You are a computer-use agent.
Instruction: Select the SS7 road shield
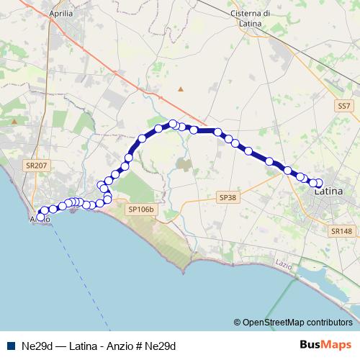click(345, 106)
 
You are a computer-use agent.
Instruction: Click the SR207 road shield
click(36, 166)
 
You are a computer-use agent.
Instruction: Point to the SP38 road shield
click(227, 197)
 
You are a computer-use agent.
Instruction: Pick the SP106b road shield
click(140, 210)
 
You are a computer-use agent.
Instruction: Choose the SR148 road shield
click(342, 231)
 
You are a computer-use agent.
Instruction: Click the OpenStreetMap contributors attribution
click(297, 323)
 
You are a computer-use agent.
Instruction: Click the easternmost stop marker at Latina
click(320, 183)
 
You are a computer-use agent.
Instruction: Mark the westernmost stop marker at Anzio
click(40, 216)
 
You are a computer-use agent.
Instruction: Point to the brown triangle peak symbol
click(181, 89)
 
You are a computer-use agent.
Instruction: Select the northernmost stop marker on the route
click(174, 123)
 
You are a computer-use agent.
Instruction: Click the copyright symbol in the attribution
click(238, 323)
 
